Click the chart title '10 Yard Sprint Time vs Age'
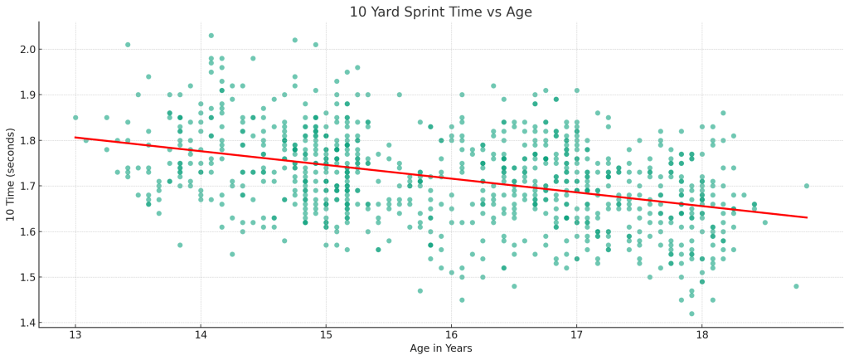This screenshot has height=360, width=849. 441,12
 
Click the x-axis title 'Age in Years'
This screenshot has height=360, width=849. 441,348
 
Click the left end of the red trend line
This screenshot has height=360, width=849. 75,137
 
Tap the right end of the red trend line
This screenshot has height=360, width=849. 807,217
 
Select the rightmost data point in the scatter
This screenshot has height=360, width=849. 807,186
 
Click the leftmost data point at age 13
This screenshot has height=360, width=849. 75,118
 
